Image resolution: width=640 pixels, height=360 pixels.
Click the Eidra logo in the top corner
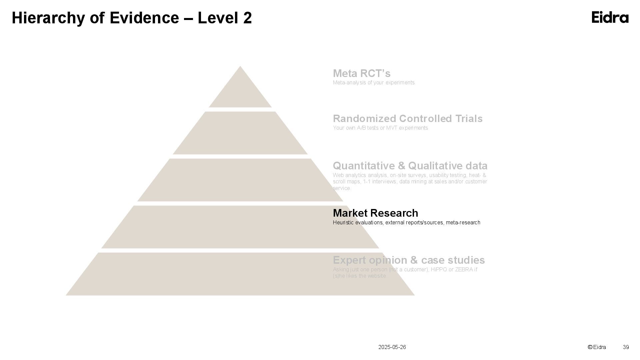(x=610, y=17)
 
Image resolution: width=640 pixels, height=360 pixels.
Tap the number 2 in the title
(x=247, y=18)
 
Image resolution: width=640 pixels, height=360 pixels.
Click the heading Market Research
(x=375, y=213)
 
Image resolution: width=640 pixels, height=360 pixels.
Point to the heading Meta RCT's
(x=362, y=73)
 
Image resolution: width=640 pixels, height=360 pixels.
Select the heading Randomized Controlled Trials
(x=408, y=119)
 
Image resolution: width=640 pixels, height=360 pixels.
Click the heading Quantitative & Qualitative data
(x=410, y=166)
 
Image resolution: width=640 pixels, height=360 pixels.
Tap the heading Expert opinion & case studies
(x=409, y=260)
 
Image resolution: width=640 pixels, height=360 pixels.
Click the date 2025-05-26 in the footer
(x=392, y=347)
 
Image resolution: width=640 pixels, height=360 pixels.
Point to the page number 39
(x=626, y=347)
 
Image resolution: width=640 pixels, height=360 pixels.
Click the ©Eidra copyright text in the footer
(x=597, y=347)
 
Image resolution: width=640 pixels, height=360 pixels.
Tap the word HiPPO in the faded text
(x=439, y=269)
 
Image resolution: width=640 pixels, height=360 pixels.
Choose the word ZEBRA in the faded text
(x=464, y=269)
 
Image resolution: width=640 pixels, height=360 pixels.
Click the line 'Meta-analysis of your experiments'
(x=374, y=83)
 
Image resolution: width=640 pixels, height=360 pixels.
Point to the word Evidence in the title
(x=144, y=18)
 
